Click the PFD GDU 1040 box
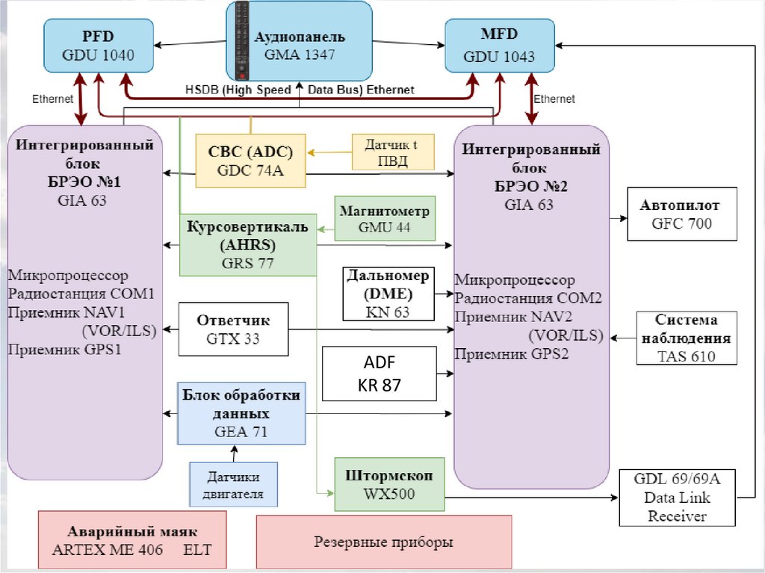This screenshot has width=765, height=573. coord(99,46)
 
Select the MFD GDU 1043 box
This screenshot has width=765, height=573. coord(499,46)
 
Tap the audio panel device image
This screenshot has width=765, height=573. coord(242,42)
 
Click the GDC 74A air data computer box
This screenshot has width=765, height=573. coord(251,160)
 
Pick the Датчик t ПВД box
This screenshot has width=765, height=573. coord(391,152)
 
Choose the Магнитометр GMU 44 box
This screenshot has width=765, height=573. coord(384,219)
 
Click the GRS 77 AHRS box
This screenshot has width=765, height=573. coord(247,244)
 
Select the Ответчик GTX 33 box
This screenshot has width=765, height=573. coord(233,329)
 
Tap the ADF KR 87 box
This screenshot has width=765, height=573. coord(378,374)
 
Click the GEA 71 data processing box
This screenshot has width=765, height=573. coord(242,412)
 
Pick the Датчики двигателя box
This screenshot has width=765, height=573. coord(233,483)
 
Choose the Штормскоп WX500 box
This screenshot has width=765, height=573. coord(389,484)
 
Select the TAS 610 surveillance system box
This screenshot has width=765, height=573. coord(687,338)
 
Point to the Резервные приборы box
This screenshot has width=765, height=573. coord(383,542)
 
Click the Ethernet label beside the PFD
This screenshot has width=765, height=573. coord(52,99)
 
